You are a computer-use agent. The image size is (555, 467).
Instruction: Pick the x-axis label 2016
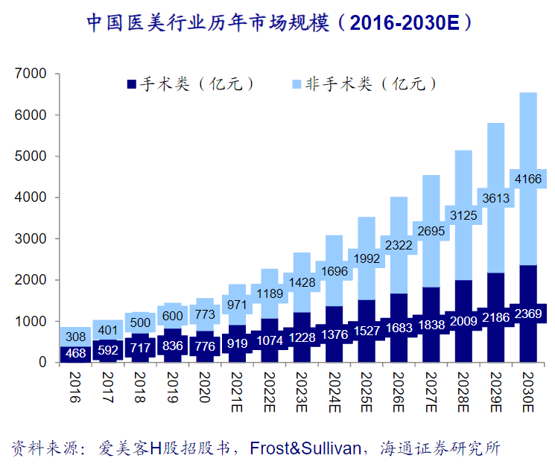pyautogui.click(x=72, y=387)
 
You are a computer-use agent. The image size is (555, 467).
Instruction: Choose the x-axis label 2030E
pyautogui.click(x=527, y=391)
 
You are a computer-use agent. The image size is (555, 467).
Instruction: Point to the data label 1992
pyautogui.click(x=365, y=259)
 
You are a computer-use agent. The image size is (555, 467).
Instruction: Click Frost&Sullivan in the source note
pyautogui.click(x=306, y=448)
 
